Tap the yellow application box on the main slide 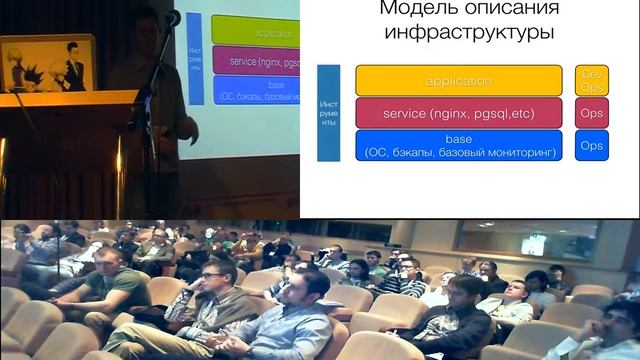(x=459, y=80)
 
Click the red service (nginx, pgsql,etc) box (x=459, y=113)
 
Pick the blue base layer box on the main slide (x=459, y=146)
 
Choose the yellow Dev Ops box (x=592, y=80)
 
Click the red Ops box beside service (x=592, y=113)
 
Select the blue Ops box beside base (x=592, y=146)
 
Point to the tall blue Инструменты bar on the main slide (x=328, y=113)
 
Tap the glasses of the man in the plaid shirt (x=211, y=274)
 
